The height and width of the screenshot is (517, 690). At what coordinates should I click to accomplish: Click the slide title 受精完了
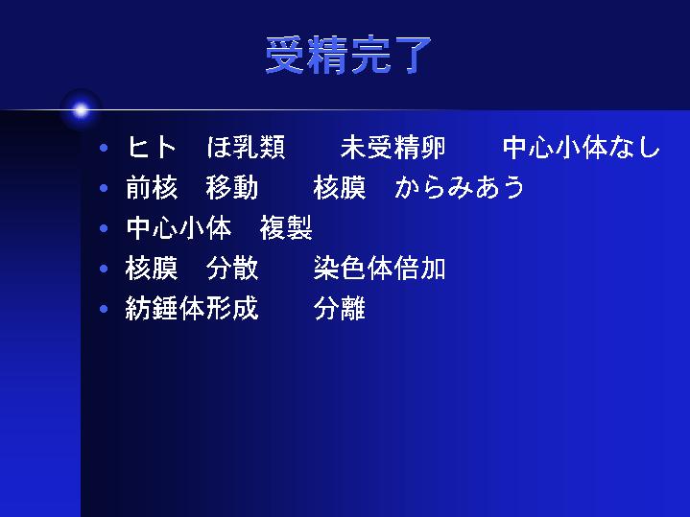pos(347,55)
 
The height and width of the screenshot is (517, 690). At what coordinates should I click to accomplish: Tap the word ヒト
pos(152,147)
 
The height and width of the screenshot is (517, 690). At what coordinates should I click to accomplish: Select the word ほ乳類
pos(247,147)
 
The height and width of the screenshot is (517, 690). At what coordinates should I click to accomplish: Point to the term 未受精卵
pos(393,147)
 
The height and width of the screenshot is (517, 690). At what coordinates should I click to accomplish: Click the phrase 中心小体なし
pos(582,147)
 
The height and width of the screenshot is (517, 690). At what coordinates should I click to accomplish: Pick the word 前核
pos(152,187)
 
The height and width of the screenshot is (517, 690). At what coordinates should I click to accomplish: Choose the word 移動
pos(232,187)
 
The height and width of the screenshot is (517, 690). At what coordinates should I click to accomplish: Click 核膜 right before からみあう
pos(340,187)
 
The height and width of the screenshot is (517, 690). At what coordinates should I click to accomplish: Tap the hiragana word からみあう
pos(460,187)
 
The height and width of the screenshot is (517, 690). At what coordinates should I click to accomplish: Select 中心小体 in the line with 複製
pos(178,228)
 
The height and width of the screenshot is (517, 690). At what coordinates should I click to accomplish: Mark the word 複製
pos(286,228)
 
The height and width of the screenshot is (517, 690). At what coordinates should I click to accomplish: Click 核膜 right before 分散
pos(152,269)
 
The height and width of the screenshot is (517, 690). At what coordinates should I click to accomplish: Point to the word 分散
pos(232,269)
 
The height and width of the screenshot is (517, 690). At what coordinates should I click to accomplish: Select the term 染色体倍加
pos(379,269)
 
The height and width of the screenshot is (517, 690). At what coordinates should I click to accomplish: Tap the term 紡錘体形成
pos(192,309)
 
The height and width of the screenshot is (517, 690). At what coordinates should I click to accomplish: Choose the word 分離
pos(340,309)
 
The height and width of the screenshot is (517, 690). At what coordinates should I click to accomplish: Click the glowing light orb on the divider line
pos(81,110)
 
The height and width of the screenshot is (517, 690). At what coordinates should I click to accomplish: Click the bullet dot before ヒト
pos(104,148)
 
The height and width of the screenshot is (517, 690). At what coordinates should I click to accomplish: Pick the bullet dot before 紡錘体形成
pos(104,309)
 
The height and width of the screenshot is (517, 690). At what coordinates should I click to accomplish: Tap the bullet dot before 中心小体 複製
pos(104,228)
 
